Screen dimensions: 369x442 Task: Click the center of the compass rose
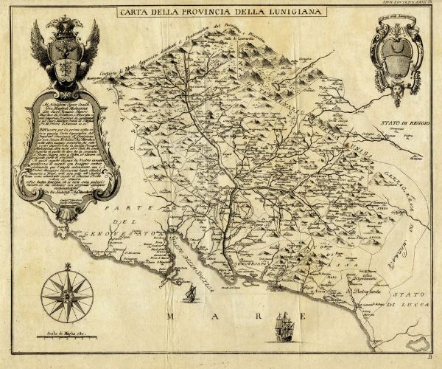pyautogui.click(x=67, y=295)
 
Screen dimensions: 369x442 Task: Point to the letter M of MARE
pyautogui.click(x=172, y=317)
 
